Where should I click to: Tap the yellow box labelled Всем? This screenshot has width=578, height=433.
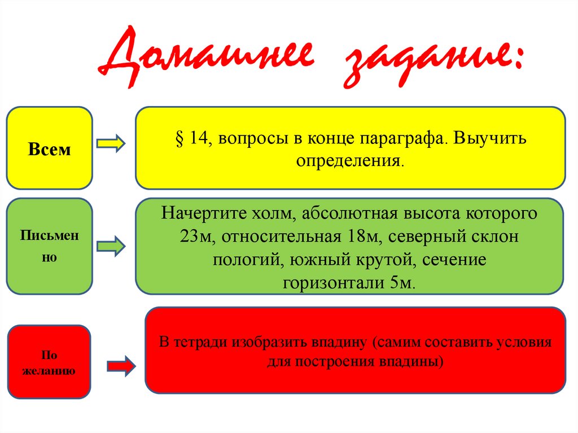point(49,148)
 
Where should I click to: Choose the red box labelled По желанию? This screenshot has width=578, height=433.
point(49,362)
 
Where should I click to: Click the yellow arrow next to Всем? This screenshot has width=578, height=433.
point(111,145)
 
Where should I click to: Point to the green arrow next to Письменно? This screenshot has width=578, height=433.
point(111,247)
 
